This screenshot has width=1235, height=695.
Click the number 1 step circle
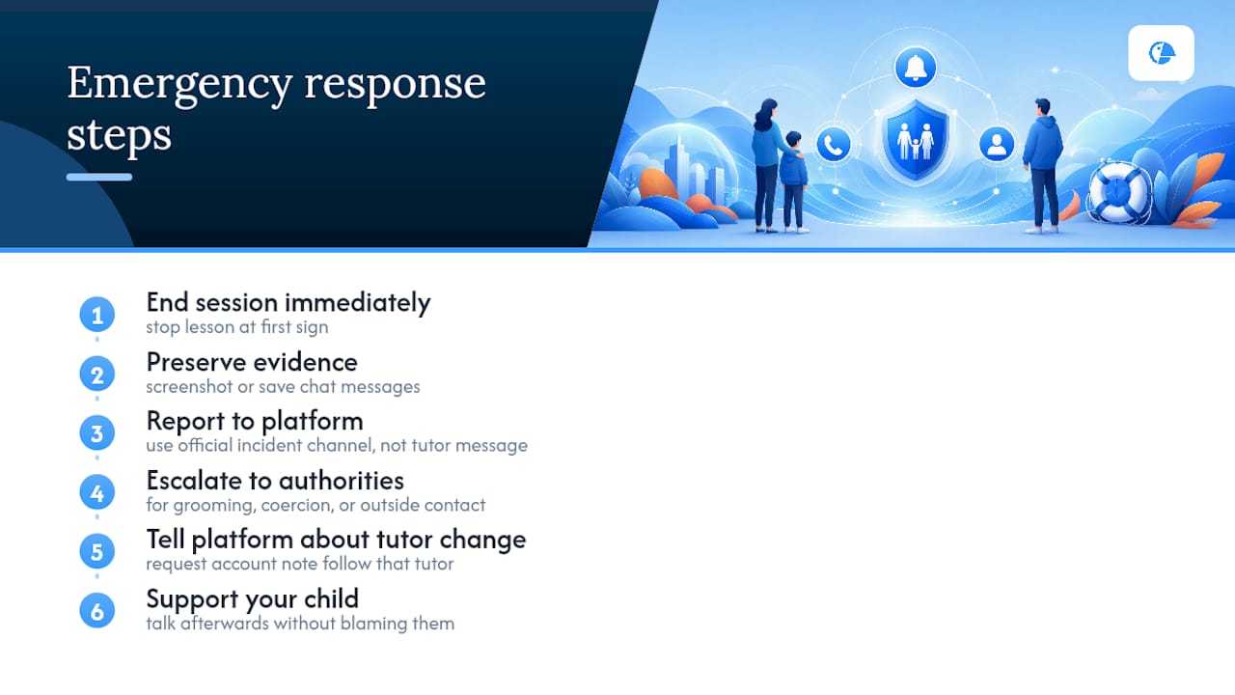pyautogui.click(x=97, y=315)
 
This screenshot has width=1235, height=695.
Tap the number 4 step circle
pyautogui.click(x=97, y=492)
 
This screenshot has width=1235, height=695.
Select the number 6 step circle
pyautogui.click(x=97, y=611)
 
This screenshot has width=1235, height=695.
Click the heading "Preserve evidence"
pyautogui.click(x=252, y=362)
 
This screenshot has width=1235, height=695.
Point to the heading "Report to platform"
pyautogui.click(x=255, y=422)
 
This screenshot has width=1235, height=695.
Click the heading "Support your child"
pyautogui.click(x=253, y=599)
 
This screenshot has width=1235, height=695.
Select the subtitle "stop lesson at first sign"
pyautogui.click(x=237, y=327)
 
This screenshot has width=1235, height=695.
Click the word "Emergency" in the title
pyautogui.click(x=179, y=84)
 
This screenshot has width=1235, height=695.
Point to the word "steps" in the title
pyautogui.click(x=119, y=135)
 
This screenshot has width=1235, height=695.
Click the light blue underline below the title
pyautogui.click(x=99, y=177)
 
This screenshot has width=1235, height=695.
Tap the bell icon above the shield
pyautogui.click(x=916, y=68)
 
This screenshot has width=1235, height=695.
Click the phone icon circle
pyautogui.click(x=833, y=145)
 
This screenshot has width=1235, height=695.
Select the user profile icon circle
pyautogui.click(x=997, y=145)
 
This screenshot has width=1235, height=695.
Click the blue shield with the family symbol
pyautogui.click(x=916, y=140)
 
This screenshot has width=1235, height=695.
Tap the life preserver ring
pyautogui.click(x=1119, y=192)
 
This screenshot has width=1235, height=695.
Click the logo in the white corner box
pyautogui.click(x=1161, y=53)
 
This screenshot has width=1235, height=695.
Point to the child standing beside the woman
pyautogui.click(x=793, y=181)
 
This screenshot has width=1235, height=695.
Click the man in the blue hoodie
pyautogui.click(x=1043, y=165)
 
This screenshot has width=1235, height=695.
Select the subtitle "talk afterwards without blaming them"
pyautogui.click(x=300, y=624)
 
